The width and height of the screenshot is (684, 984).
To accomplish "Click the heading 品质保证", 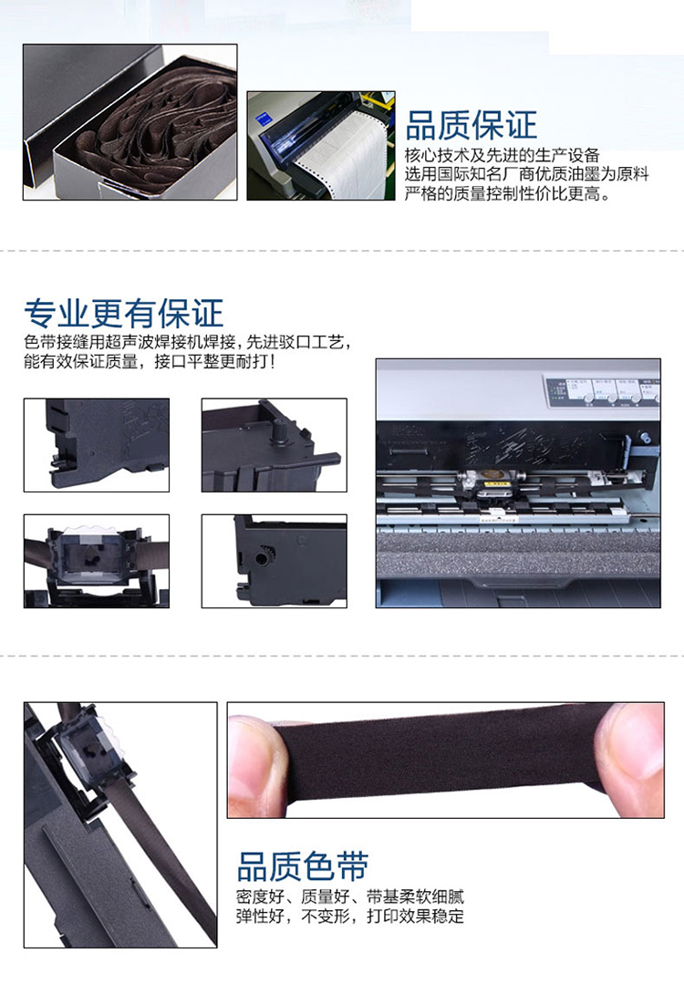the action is point(471,126).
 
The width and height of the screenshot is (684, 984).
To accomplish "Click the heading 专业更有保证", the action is point(124,313).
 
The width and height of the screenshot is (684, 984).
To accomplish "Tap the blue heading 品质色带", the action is point(303,866).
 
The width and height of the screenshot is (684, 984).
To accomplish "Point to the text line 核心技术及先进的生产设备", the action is point(502,155).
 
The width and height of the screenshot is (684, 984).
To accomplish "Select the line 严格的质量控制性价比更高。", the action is point(508,194).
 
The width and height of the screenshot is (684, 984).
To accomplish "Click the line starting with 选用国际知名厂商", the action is point(526,174).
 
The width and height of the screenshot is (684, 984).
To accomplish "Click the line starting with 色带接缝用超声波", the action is point(187,343).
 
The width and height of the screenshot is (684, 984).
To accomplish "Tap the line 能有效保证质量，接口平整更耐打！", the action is point(150,362).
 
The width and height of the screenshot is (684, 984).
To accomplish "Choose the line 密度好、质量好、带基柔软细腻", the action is point(350,896).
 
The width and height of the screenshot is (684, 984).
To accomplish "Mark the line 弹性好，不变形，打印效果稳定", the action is point(350,917).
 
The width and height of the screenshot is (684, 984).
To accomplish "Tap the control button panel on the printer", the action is point(600,391).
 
